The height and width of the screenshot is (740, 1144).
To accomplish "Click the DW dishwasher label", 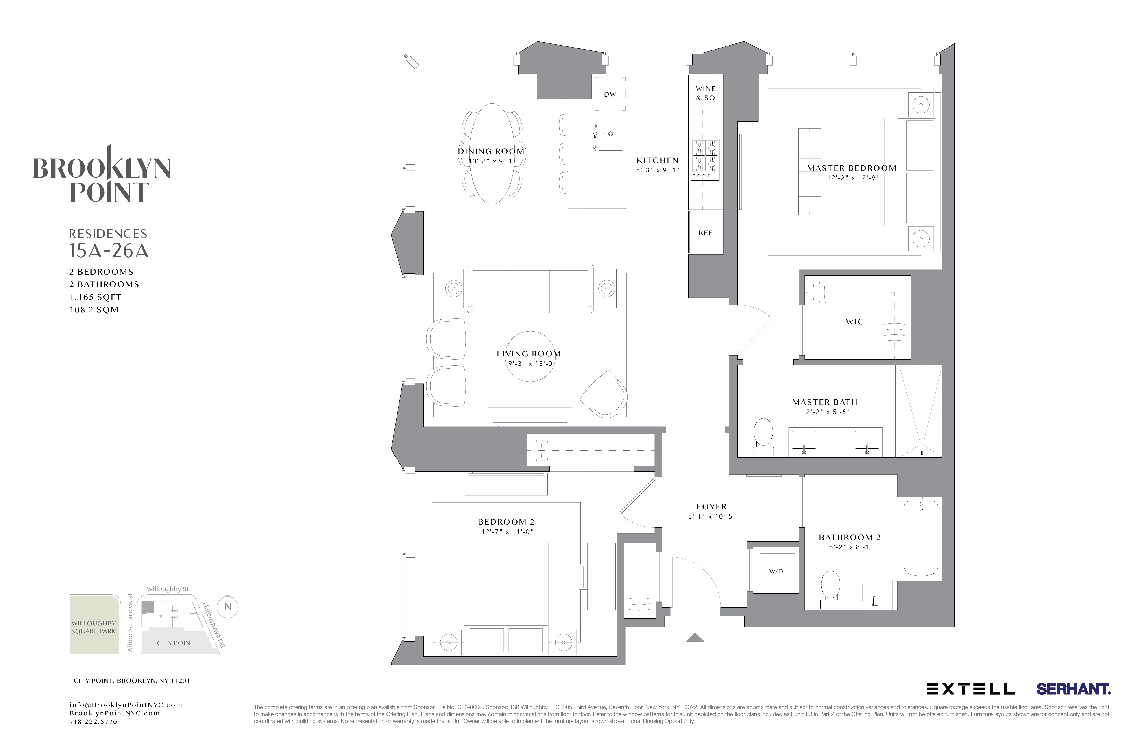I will (610, 95).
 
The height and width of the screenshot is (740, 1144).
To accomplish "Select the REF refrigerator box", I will (705, 232).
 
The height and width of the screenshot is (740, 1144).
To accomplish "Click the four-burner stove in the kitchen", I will (705, 156).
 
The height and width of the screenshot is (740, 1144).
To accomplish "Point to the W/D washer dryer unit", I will (776, 571).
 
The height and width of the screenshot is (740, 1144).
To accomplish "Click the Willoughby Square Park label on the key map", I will (94, 627).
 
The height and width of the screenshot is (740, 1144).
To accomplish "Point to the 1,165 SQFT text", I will (95, 297).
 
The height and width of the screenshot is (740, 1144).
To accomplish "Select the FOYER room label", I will (711, 506).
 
